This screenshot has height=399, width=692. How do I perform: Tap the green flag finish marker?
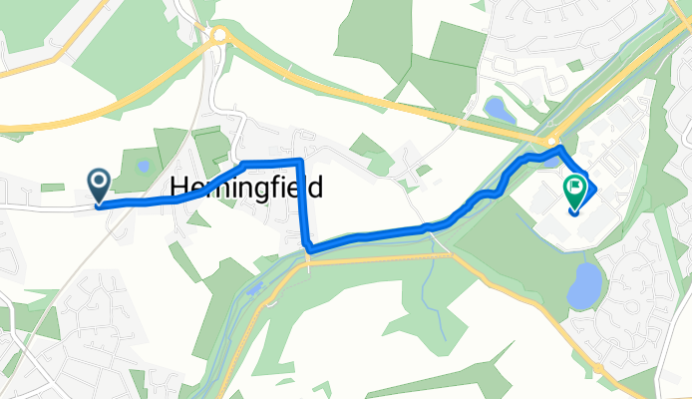(x=575, y=190)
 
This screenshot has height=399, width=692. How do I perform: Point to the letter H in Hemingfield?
(x=180, y=187)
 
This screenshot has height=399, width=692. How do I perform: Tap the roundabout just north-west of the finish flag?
(x=553, y=142)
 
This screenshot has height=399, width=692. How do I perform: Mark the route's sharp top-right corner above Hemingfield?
(x=299, y=161)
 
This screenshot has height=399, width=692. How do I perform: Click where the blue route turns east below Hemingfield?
(x=308, y=247)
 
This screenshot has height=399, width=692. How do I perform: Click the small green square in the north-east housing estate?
(x=574, y=65)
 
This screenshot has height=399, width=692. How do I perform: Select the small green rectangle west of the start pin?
(x=53, y=188)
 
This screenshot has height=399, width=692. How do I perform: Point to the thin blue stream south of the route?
(x=430, y=289)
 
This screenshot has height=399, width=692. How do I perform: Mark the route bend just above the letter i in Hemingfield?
(x=243, y=163)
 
